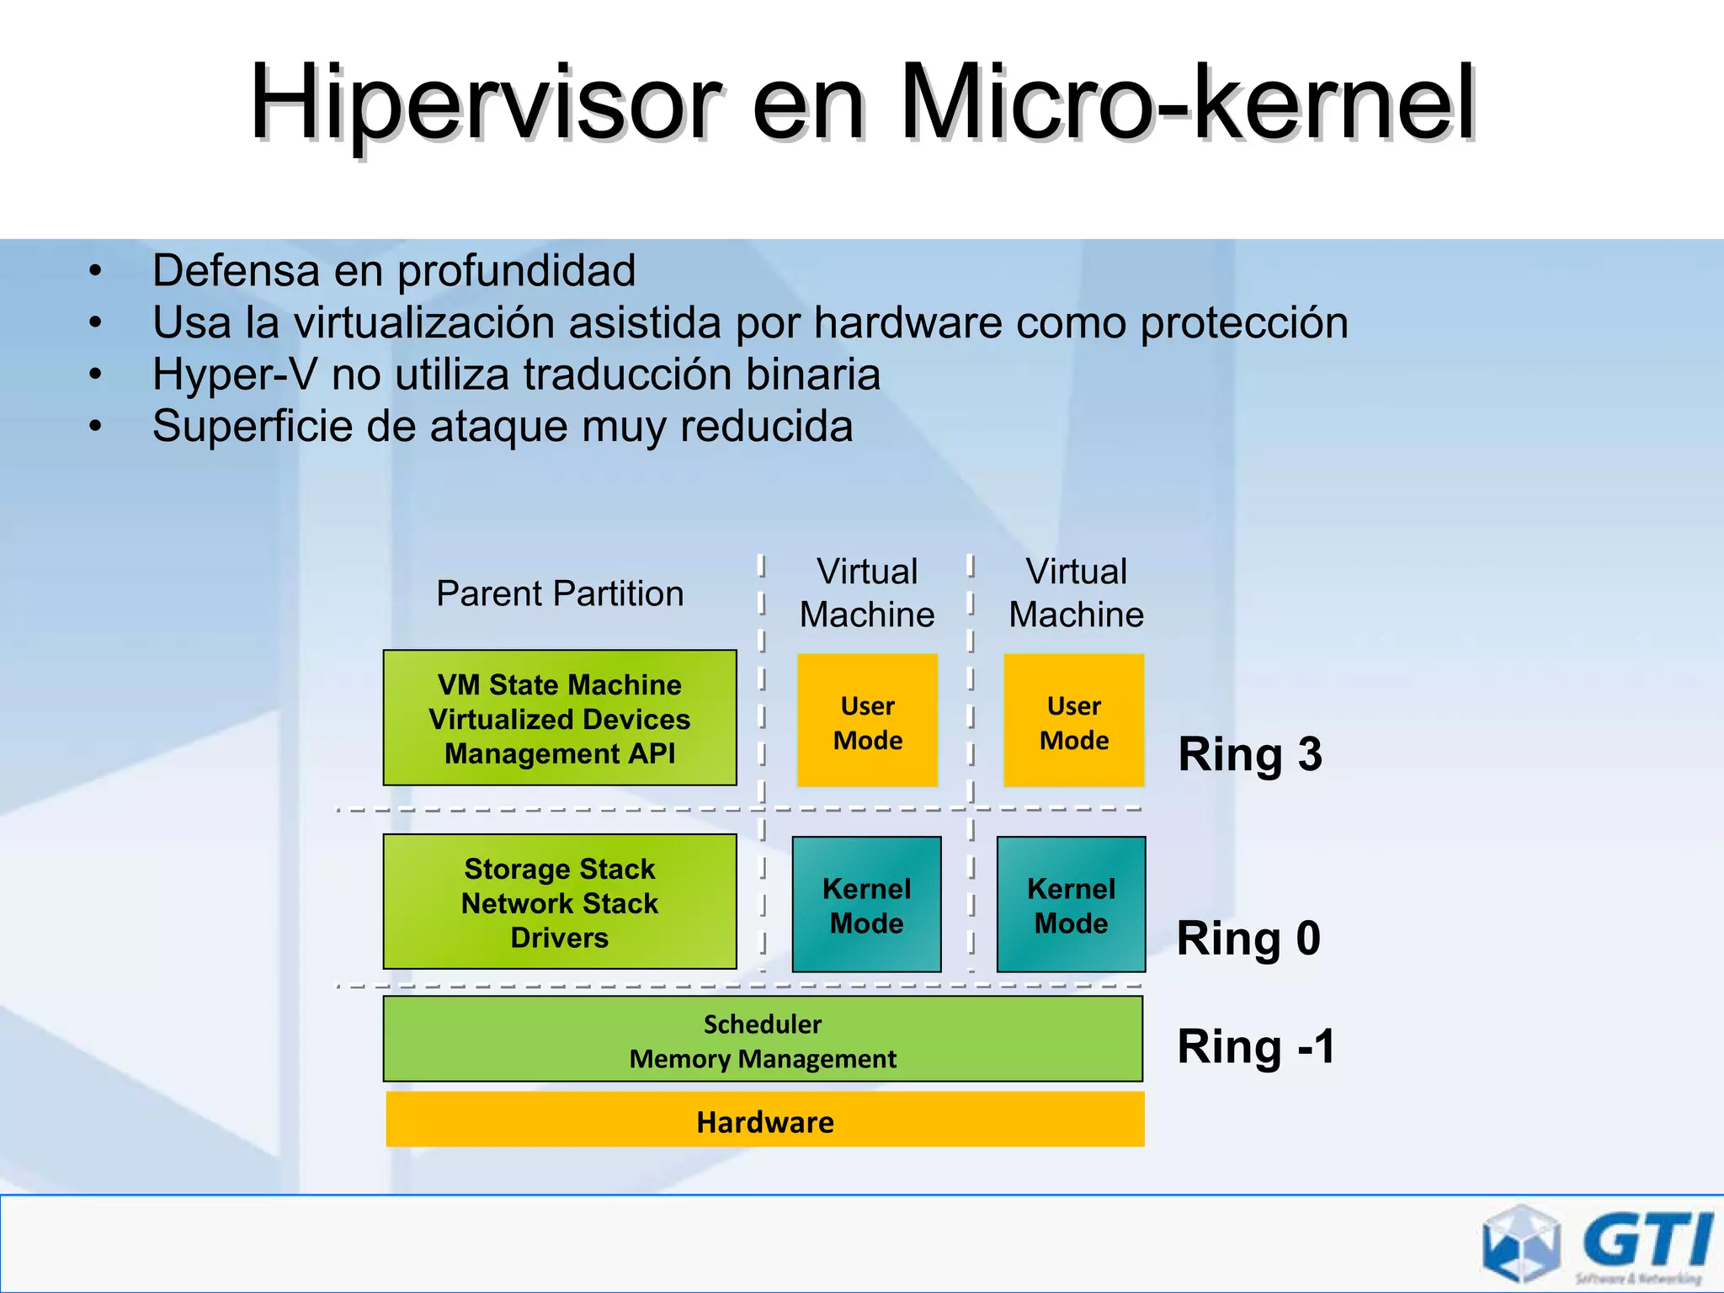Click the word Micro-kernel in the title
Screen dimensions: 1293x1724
tap(1187, 103)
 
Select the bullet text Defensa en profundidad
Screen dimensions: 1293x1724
tap(393, 271)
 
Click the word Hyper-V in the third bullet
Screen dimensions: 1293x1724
tap(234, 375)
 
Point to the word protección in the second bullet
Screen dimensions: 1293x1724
tap(1243, 323)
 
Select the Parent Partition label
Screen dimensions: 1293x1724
tap(560, 593)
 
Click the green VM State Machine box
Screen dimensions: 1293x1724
tap(560, 718)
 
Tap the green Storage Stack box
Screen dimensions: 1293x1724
tap(560, 902)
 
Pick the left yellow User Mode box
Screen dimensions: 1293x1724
tap(867, 721)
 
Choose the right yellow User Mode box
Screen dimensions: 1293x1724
tap(1073, 721)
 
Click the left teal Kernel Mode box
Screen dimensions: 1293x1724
tap(866, 904)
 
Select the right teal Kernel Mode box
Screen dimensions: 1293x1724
tap(1071, 904)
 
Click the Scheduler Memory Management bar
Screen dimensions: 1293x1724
tap(763, 1039)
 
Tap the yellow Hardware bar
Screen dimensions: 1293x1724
tap(764, 1120)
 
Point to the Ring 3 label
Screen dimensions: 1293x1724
tap(1249, 754)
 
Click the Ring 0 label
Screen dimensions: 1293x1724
tap(1248, 938)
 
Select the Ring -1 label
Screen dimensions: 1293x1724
tap(1255, 1046)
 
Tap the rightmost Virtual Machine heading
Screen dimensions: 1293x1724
tap(1076, 593)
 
